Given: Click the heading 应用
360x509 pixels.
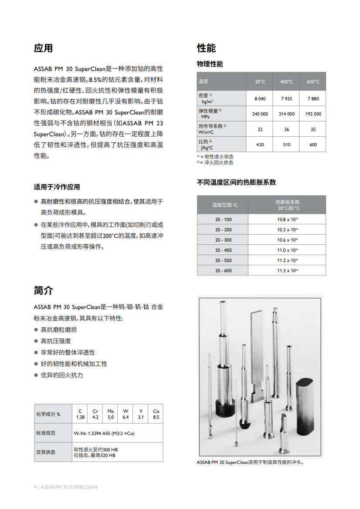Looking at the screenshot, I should tap(43, 48).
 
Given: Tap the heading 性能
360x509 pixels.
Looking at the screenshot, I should tap(206, 48).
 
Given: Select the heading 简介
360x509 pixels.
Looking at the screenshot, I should tap(43, 290).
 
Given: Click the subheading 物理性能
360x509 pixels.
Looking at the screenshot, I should tap(210, 64).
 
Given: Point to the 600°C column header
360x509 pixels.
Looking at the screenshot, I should tap(313, 82).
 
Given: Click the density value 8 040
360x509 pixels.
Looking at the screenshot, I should tap(260, 98).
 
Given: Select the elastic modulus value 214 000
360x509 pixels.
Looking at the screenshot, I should tap(286, 114).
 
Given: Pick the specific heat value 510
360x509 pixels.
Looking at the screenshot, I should tap(286, 145).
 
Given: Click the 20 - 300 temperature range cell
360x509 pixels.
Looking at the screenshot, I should tap(223, 240).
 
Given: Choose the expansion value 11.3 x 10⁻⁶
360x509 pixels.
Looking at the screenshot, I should tap(287, 271).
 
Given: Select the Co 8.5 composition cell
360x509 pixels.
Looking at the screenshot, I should tap(156, 414).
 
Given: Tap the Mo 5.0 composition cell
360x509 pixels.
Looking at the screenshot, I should tap(111, 414).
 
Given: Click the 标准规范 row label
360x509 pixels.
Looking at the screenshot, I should tap(46, 433).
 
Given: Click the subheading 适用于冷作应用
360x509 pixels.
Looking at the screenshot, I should tap(57, 187).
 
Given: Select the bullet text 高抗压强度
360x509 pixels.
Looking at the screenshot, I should tap(55, 341).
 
